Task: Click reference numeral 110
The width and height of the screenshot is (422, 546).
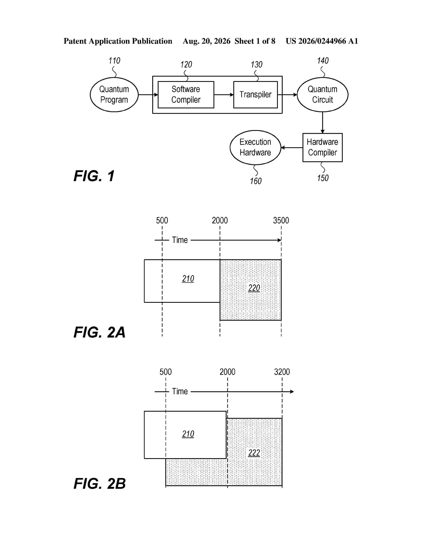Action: pos(114,61)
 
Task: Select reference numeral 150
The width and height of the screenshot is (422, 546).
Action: pos(323,178)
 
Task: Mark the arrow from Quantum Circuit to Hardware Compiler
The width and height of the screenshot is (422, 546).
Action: pos(323,122)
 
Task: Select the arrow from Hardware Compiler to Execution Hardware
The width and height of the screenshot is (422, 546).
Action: pos(292,147)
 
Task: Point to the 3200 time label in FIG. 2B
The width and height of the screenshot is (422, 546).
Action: pos(282,372)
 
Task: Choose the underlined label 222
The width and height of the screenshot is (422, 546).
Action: pos(254,453)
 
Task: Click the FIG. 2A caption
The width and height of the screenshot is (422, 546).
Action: pos(99,332)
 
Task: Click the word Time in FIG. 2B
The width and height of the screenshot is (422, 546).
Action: pos(180,391)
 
